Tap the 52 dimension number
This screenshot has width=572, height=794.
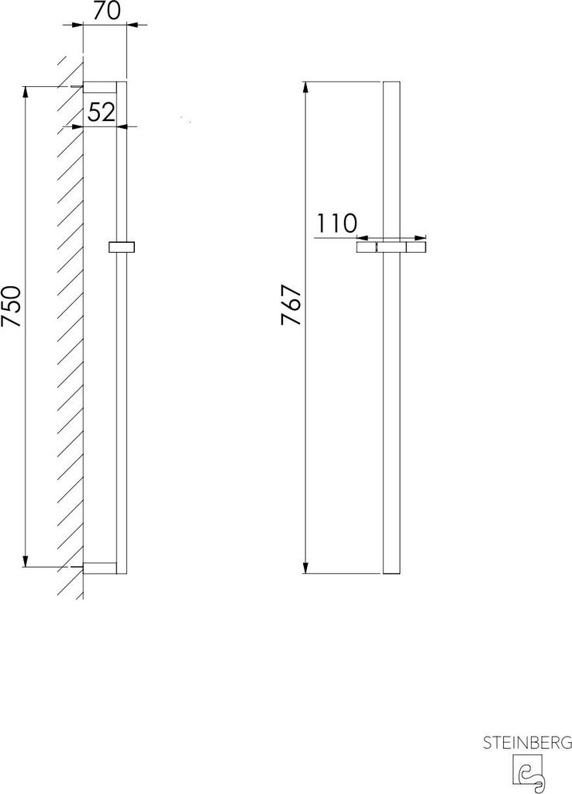(x=102, y=112)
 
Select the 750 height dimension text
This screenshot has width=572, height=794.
(x=12, y=306)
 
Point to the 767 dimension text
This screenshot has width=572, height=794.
(x=292, y=305)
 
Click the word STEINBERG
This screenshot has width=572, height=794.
(x=527, y=743)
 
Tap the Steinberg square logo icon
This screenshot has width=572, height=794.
(x=528, y=773)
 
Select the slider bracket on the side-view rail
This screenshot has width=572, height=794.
(x=122, y=247)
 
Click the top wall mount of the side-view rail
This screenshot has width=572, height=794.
(x=100, y=87)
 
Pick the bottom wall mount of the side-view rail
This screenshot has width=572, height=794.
(x=100, y=568)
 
